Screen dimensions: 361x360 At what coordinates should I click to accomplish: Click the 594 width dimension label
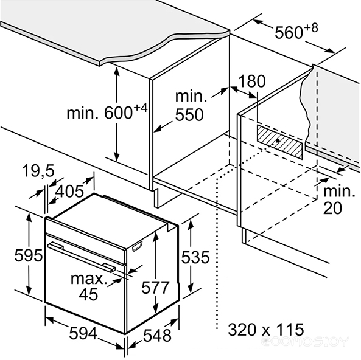(x=83, y=333)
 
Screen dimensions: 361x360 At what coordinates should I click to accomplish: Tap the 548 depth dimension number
(x=157, y=335)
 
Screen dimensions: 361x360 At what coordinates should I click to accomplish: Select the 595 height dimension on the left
(x=29, y=255)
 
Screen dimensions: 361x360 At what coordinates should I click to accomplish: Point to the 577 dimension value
(x=155, y=287)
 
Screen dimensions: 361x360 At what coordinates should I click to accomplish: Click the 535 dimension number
(x=195, y=257)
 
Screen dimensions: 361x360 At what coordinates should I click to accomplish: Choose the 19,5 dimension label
(x=38, y=171)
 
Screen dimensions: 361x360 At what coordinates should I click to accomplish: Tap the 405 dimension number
(x=69, y=191)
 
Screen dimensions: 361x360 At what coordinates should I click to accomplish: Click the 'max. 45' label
(x=88, y=286)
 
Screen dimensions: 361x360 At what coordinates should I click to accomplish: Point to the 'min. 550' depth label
(x=190, y=106)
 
